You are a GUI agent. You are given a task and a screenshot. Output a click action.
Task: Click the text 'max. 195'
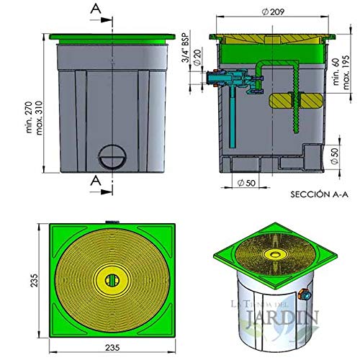349,72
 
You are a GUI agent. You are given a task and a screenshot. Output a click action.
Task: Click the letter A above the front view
95,9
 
